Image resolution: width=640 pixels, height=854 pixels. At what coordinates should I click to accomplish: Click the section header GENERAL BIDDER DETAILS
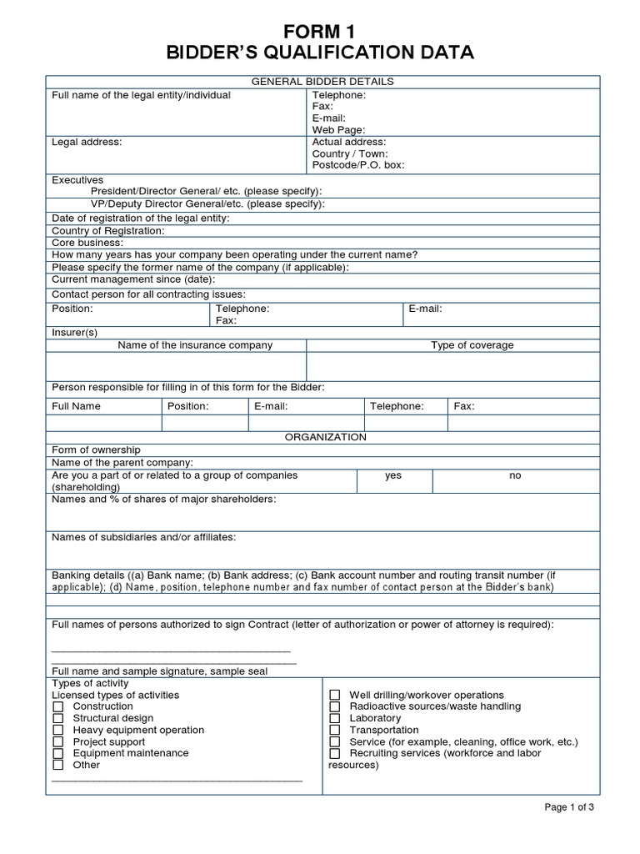point(323,82)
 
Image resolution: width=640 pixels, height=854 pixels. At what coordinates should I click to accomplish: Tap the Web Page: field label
point(338,130)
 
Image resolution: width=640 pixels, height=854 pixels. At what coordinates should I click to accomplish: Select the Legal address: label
point(87,143)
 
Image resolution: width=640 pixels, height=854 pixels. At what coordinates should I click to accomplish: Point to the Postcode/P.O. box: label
point(357,166)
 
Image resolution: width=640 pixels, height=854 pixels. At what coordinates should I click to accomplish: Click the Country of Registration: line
point(108,230)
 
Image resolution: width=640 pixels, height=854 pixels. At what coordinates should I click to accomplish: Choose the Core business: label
point(87,242)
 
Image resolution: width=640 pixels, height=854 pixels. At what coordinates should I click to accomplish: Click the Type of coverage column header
point(472,345)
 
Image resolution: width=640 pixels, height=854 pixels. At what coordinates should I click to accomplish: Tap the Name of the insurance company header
point(195,345)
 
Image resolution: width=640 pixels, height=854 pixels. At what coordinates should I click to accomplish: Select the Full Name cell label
point(76,406)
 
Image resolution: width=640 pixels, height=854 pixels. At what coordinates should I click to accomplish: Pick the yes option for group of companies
point(393,475)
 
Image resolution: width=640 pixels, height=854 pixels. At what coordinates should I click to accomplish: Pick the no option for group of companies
point(515,475)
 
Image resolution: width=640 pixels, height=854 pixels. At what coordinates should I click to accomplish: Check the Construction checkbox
point(58,706)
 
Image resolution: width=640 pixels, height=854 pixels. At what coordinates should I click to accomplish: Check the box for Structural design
point(58,718)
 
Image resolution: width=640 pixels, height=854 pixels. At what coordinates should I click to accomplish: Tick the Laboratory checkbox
point(335,718)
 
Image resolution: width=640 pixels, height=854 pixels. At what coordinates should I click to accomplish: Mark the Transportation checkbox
point(335,730)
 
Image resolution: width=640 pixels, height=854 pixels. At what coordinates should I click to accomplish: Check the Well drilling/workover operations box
point(335,695)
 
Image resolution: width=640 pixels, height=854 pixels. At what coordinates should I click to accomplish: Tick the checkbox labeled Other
point(58,765)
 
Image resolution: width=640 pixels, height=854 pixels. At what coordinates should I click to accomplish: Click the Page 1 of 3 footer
point(569,807)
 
